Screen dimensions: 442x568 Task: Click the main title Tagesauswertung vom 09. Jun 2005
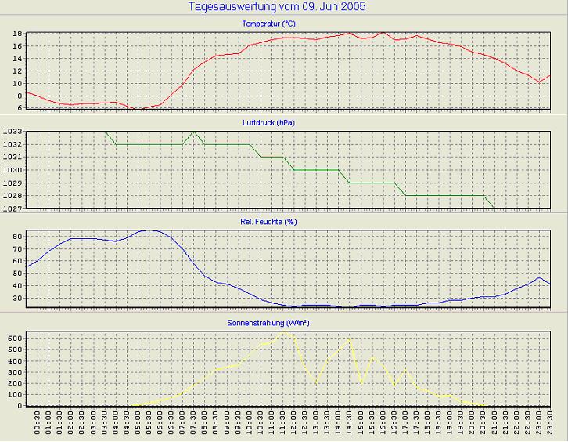pos(277,7)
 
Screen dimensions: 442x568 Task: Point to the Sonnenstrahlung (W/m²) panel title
pos(277,321)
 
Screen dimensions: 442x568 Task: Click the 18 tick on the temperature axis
pos(16,34)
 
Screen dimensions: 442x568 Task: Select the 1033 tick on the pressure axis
pos(11,132)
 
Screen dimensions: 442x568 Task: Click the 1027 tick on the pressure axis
pos(11,208)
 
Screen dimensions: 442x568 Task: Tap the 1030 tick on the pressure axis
pos(11,170)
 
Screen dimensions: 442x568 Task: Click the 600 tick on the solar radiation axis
pos(14,338)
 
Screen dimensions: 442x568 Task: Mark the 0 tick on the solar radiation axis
pos(20,406)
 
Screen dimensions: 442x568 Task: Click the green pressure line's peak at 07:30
pos(193,132)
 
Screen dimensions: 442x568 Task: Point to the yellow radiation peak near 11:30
pos(284,332)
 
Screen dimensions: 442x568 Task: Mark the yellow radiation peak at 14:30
pos(349,339)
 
